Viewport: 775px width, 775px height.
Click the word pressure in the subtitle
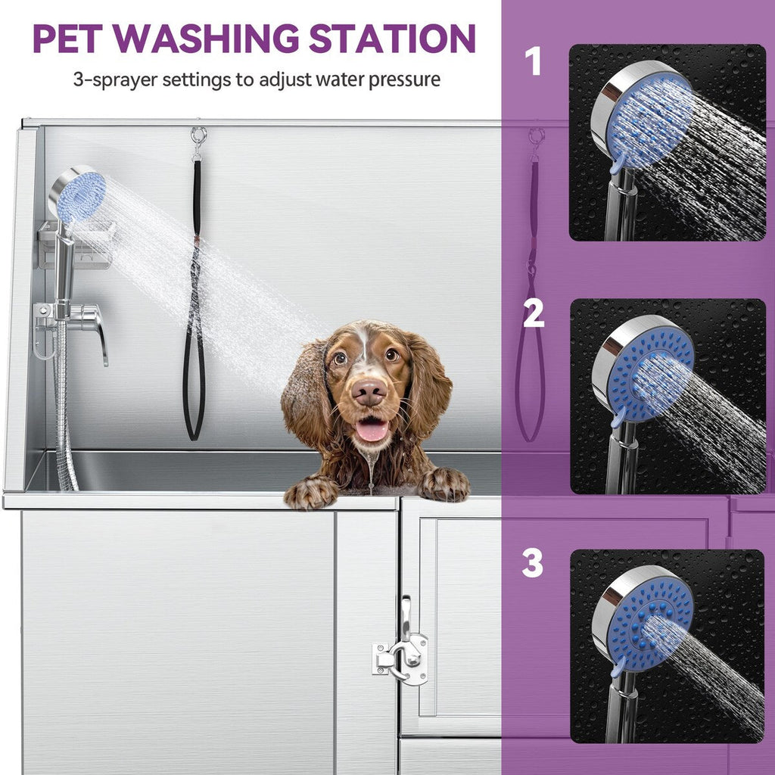[404, 79]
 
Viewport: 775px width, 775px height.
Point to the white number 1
[534, 62]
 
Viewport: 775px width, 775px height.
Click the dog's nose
[369, 391]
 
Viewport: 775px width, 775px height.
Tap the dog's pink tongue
[371, 430]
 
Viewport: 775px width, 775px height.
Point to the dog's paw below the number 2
[444, 484]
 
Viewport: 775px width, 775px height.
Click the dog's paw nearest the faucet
[311, 493]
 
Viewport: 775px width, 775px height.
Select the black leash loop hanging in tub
[194, 378]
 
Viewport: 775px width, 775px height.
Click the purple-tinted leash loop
[530, 378]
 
